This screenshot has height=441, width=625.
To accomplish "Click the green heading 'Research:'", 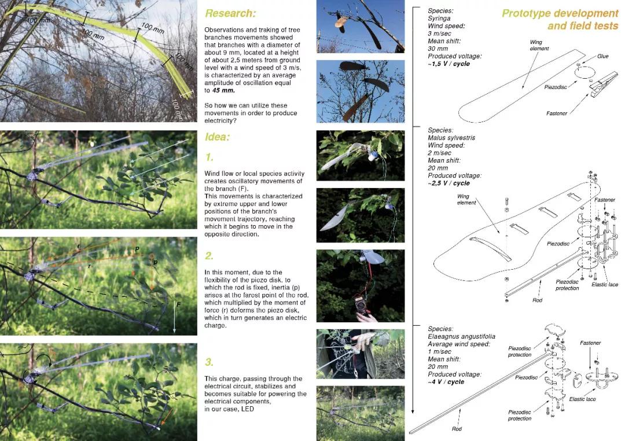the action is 230,13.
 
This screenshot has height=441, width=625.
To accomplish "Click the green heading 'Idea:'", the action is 217,137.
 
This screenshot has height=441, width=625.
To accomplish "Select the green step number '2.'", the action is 209,256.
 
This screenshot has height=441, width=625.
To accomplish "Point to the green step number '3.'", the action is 209,362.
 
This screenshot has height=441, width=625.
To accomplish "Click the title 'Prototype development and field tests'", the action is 560,20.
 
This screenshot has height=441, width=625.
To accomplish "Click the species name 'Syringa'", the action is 439,19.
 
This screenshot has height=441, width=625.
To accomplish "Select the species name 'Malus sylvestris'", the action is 451,138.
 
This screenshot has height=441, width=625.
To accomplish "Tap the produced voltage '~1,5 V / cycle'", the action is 449,64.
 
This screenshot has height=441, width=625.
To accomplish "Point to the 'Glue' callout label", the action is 602,56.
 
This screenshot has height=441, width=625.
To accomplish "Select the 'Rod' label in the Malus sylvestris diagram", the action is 537,300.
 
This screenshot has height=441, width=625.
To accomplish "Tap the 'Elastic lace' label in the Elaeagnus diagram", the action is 582,399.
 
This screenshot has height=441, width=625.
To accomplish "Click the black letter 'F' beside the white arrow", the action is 179,304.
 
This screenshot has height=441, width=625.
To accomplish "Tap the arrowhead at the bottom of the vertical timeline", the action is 413,410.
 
